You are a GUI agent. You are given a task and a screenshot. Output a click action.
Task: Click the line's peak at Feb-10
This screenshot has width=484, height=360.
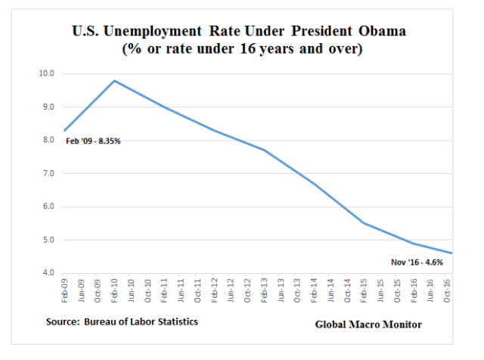coord(114,81)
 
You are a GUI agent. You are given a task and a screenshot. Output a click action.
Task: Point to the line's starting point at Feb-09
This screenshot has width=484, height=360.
coord(65,130)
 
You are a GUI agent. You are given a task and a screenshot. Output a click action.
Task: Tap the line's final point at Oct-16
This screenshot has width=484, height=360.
coord(452,253)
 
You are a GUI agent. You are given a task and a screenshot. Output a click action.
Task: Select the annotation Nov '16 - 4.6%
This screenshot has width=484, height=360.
coord(415,262)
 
